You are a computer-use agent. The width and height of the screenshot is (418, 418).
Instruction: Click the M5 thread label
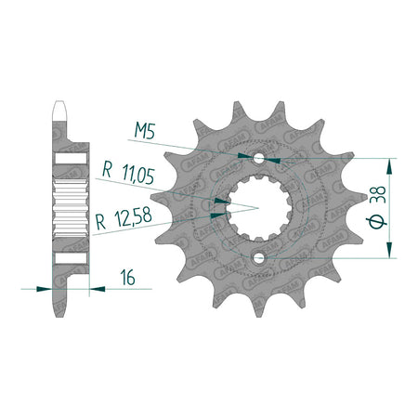145,130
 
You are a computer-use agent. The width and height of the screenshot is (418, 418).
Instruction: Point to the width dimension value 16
128,277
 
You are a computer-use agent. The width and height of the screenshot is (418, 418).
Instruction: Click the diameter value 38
378,194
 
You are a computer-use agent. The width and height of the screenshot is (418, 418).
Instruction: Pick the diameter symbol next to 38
376,221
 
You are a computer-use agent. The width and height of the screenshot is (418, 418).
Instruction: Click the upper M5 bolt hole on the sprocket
258,159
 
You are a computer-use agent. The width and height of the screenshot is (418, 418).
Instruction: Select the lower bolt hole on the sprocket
258,258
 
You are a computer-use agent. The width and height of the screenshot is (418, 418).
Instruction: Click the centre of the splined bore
259,208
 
